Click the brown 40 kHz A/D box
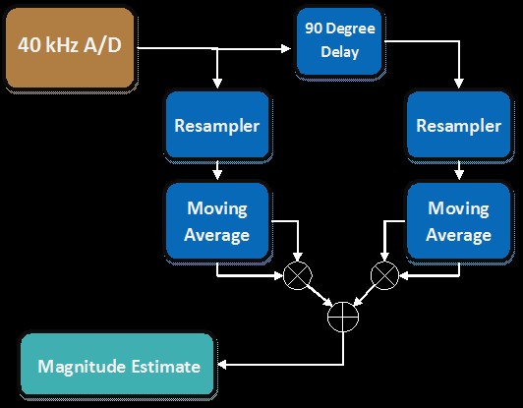(70, 48)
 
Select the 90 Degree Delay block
(339, 41)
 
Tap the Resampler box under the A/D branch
(217, 125)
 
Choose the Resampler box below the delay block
(459, 125)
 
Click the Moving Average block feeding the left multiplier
(217, 220)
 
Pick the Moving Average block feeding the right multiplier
(459, 220)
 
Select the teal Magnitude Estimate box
(117, 365)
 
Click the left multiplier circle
(298, 275)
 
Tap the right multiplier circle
(384, 275)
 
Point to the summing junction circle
(343, 317)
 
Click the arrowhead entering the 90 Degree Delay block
(286, 49)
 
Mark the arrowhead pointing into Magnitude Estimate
(222, 365)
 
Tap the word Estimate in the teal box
(166, 367)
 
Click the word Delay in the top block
(340, 52)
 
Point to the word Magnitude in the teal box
(82, 368)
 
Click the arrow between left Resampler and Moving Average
(217, 170)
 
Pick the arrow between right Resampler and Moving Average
(459, 170)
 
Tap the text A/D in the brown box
(102, 45)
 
